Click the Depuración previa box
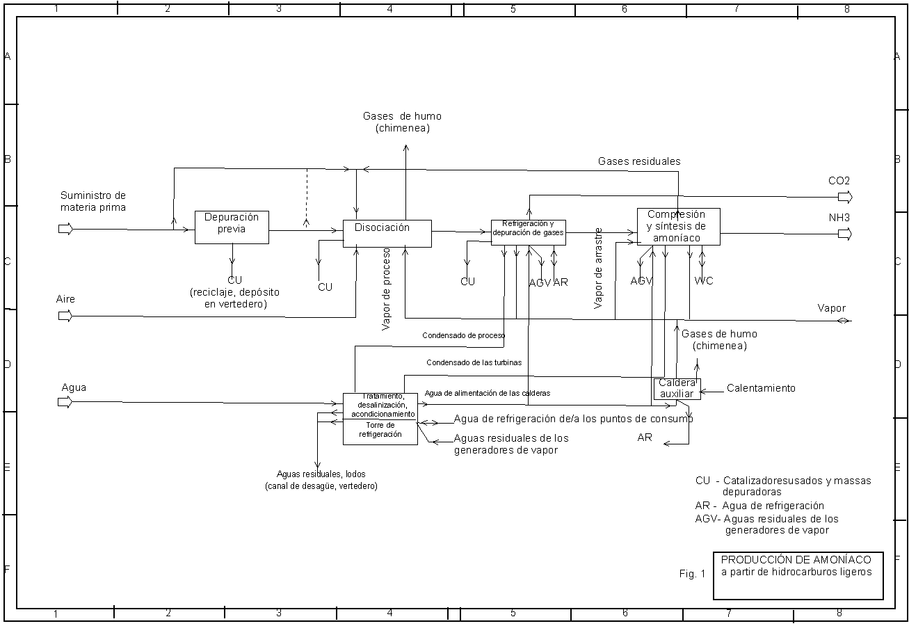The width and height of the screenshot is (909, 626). [232, 227]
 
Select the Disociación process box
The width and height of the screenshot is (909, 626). [387, 233]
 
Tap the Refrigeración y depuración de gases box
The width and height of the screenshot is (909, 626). [528, 232]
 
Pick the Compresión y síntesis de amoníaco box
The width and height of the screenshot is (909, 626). [678, 227]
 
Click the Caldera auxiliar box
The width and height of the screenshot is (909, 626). [677, 389]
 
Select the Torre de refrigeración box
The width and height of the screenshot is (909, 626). [380, 432]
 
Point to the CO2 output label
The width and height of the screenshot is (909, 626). [839, 181]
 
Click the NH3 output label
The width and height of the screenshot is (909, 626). [839, 218]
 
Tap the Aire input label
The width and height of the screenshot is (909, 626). [65, 299]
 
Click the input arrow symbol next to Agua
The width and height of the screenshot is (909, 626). [65, 402]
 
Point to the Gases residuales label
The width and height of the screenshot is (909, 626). [639, 161]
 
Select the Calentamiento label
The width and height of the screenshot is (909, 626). [761, 388]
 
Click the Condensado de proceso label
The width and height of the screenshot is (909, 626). [463, 335]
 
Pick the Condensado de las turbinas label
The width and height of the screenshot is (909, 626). [474, 362]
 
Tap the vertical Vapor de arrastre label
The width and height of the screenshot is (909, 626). [599, 268]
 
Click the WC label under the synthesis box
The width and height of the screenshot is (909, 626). [703, 281]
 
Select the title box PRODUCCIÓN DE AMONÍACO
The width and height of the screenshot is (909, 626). [798, 575]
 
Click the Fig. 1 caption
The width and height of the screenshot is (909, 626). [692, 574]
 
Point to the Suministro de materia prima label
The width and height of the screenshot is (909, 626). [93, 201]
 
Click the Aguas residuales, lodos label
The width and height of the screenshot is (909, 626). [321, 480]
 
